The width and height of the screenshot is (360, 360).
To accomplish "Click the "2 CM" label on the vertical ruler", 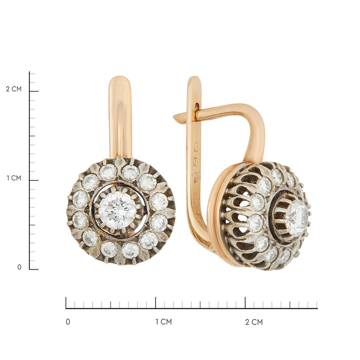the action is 14,89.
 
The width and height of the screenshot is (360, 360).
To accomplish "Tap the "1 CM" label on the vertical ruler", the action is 14,178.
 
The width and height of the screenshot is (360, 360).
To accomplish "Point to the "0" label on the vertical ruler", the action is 20,267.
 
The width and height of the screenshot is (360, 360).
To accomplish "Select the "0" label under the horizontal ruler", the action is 68,322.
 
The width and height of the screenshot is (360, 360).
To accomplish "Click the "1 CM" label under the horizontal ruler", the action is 164,322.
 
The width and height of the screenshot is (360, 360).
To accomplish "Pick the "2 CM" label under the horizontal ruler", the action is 254,322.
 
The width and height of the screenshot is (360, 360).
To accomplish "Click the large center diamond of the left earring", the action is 118,210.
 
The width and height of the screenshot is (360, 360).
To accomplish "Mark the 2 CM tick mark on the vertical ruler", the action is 34,91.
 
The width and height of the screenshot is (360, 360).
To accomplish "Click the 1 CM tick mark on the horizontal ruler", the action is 156,303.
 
